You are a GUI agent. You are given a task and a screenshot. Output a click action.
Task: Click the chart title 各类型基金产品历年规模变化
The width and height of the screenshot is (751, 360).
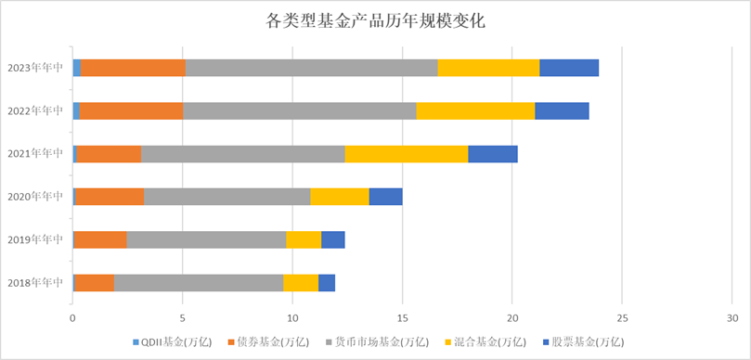point(375,19)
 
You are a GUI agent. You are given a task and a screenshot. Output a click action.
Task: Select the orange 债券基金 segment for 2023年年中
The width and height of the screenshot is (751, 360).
point(133,67)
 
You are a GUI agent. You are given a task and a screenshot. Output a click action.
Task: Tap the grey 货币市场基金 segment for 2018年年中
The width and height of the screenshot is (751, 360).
point(199,283)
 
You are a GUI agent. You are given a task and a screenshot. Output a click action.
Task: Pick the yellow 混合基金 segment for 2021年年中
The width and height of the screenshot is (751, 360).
point(407,154)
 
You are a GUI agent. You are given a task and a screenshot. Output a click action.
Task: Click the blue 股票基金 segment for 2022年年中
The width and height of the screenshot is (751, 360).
point(562,110)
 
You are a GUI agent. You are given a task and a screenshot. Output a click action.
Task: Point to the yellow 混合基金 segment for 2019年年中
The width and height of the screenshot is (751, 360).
point(304,239)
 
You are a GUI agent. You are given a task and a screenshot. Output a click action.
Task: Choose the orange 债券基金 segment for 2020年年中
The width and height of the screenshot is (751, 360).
point(110,197)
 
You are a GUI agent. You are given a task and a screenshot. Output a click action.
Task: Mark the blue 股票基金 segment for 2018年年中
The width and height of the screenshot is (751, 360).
point(327,283)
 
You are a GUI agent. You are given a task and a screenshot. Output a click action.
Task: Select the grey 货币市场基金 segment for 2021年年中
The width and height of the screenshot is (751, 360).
point(243,154)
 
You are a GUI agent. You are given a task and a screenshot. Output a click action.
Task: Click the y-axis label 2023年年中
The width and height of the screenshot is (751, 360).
point(34,67)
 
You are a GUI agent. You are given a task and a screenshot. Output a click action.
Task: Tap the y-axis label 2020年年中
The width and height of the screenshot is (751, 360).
point(34,197)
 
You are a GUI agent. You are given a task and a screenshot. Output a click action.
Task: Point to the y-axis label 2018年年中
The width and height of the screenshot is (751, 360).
point(34,283)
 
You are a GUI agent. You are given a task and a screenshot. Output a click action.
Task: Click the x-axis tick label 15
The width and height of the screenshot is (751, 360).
point(403,315)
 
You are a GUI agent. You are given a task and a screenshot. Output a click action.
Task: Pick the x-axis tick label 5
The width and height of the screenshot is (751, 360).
point(183,315)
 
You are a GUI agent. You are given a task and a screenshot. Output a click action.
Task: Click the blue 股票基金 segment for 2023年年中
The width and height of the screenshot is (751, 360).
point(569,67)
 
